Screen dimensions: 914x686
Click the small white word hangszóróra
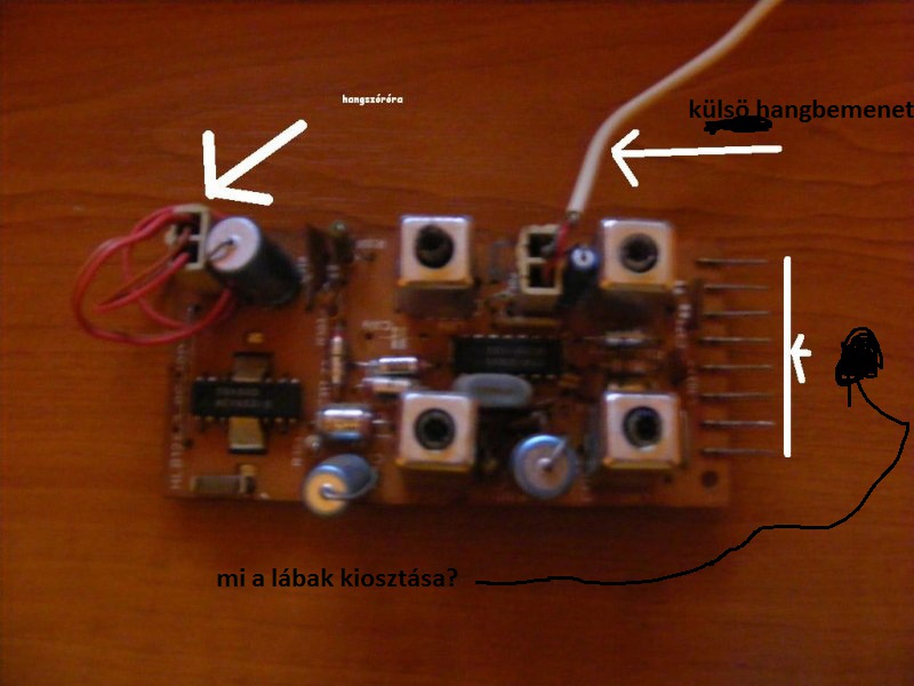[x=372, y=99]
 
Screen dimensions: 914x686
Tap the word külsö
[x=718, y=109]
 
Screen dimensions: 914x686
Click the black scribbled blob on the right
[x=860, y=357]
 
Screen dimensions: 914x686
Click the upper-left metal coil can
[x=436, y=252]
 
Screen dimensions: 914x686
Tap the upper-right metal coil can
[x=637, y=254]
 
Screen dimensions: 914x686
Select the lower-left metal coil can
[x=436, y=429]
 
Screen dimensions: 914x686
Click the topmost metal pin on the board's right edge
[x=732, y=262]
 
